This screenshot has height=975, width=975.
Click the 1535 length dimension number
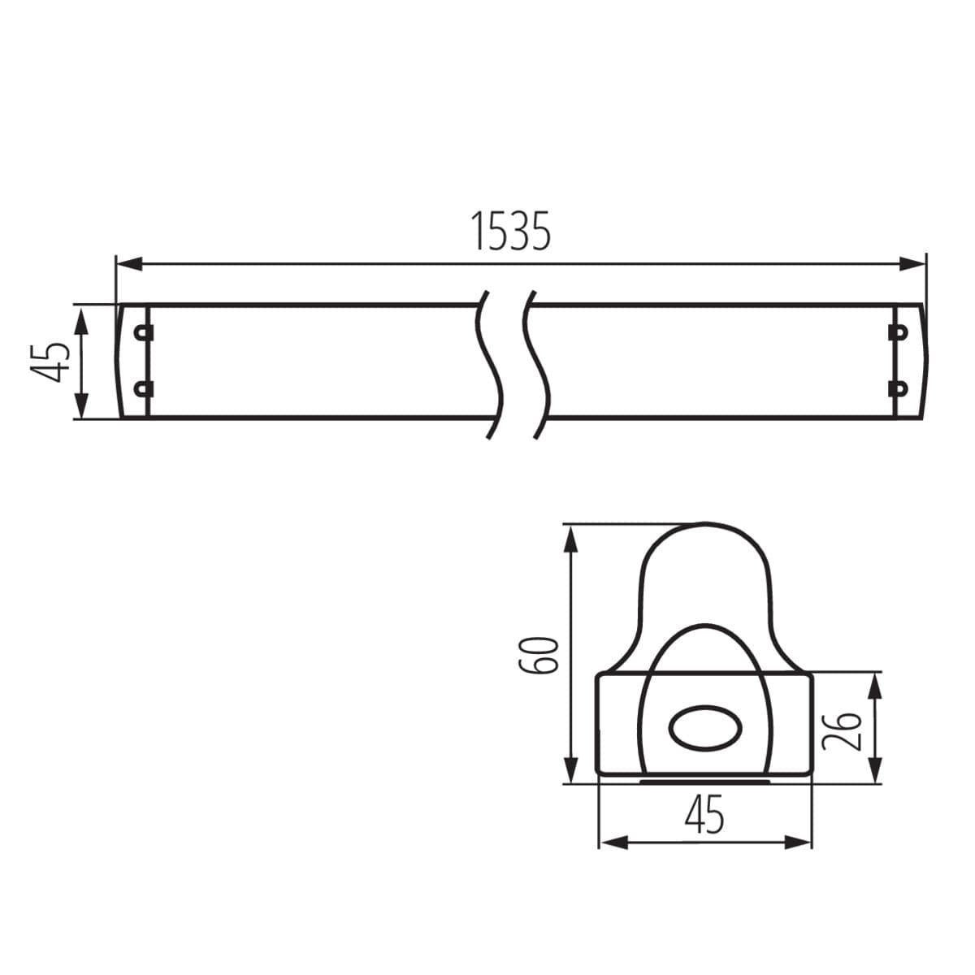click(510, 232)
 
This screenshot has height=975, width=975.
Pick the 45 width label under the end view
click(704, 815)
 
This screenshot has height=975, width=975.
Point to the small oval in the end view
click(704, 728)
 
